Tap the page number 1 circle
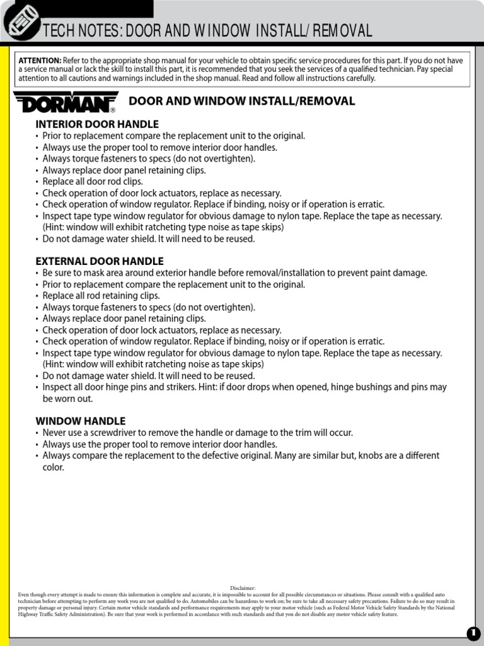(473, 633)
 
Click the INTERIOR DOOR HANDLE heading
(97, 124)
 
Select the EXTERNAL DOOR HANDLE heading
(100, 261)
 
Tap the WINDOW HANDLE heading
(81, 421)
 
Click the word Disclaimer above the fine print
(243, 588)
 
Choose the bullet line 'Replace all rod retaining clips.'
(101, 296)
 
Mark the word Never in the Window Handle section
(55, 433)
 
